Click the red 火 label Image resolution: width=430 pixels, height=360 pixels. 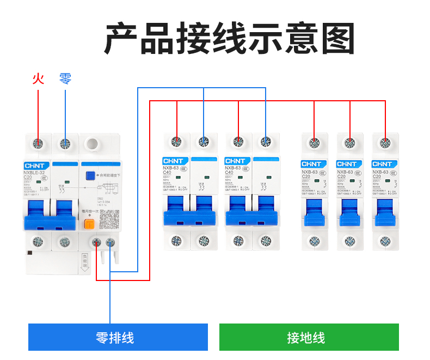pos(38,79)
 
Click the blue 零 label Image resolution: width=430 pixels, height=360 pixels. pos(65,79)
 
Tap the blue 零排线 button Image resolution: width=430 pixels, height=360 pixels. pos(118,337)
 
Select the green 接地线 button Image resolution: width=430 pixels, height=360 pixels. pos(309,337)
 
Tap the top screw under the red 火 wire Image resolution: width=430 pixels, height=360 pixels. pos(38,144)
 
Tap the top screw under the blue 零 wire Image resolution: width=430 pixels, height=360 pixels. pos(65,144)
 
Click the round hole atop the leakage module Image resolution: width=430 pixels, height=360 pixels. pos(92,144)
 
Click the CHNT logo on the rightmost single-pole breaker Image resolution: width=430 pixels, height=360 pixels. pos(382,164)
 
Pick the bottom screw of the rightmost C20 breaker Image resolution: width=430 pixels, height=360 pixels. pos(385,241)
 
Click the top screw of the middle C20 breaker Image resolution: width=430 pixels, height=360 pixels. pos(349,143)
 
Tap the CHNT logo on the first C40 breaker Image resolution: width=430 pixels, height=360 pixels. pos(175,161)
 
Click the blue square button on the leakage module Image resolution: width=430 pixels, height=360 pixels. pos(90,175)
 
